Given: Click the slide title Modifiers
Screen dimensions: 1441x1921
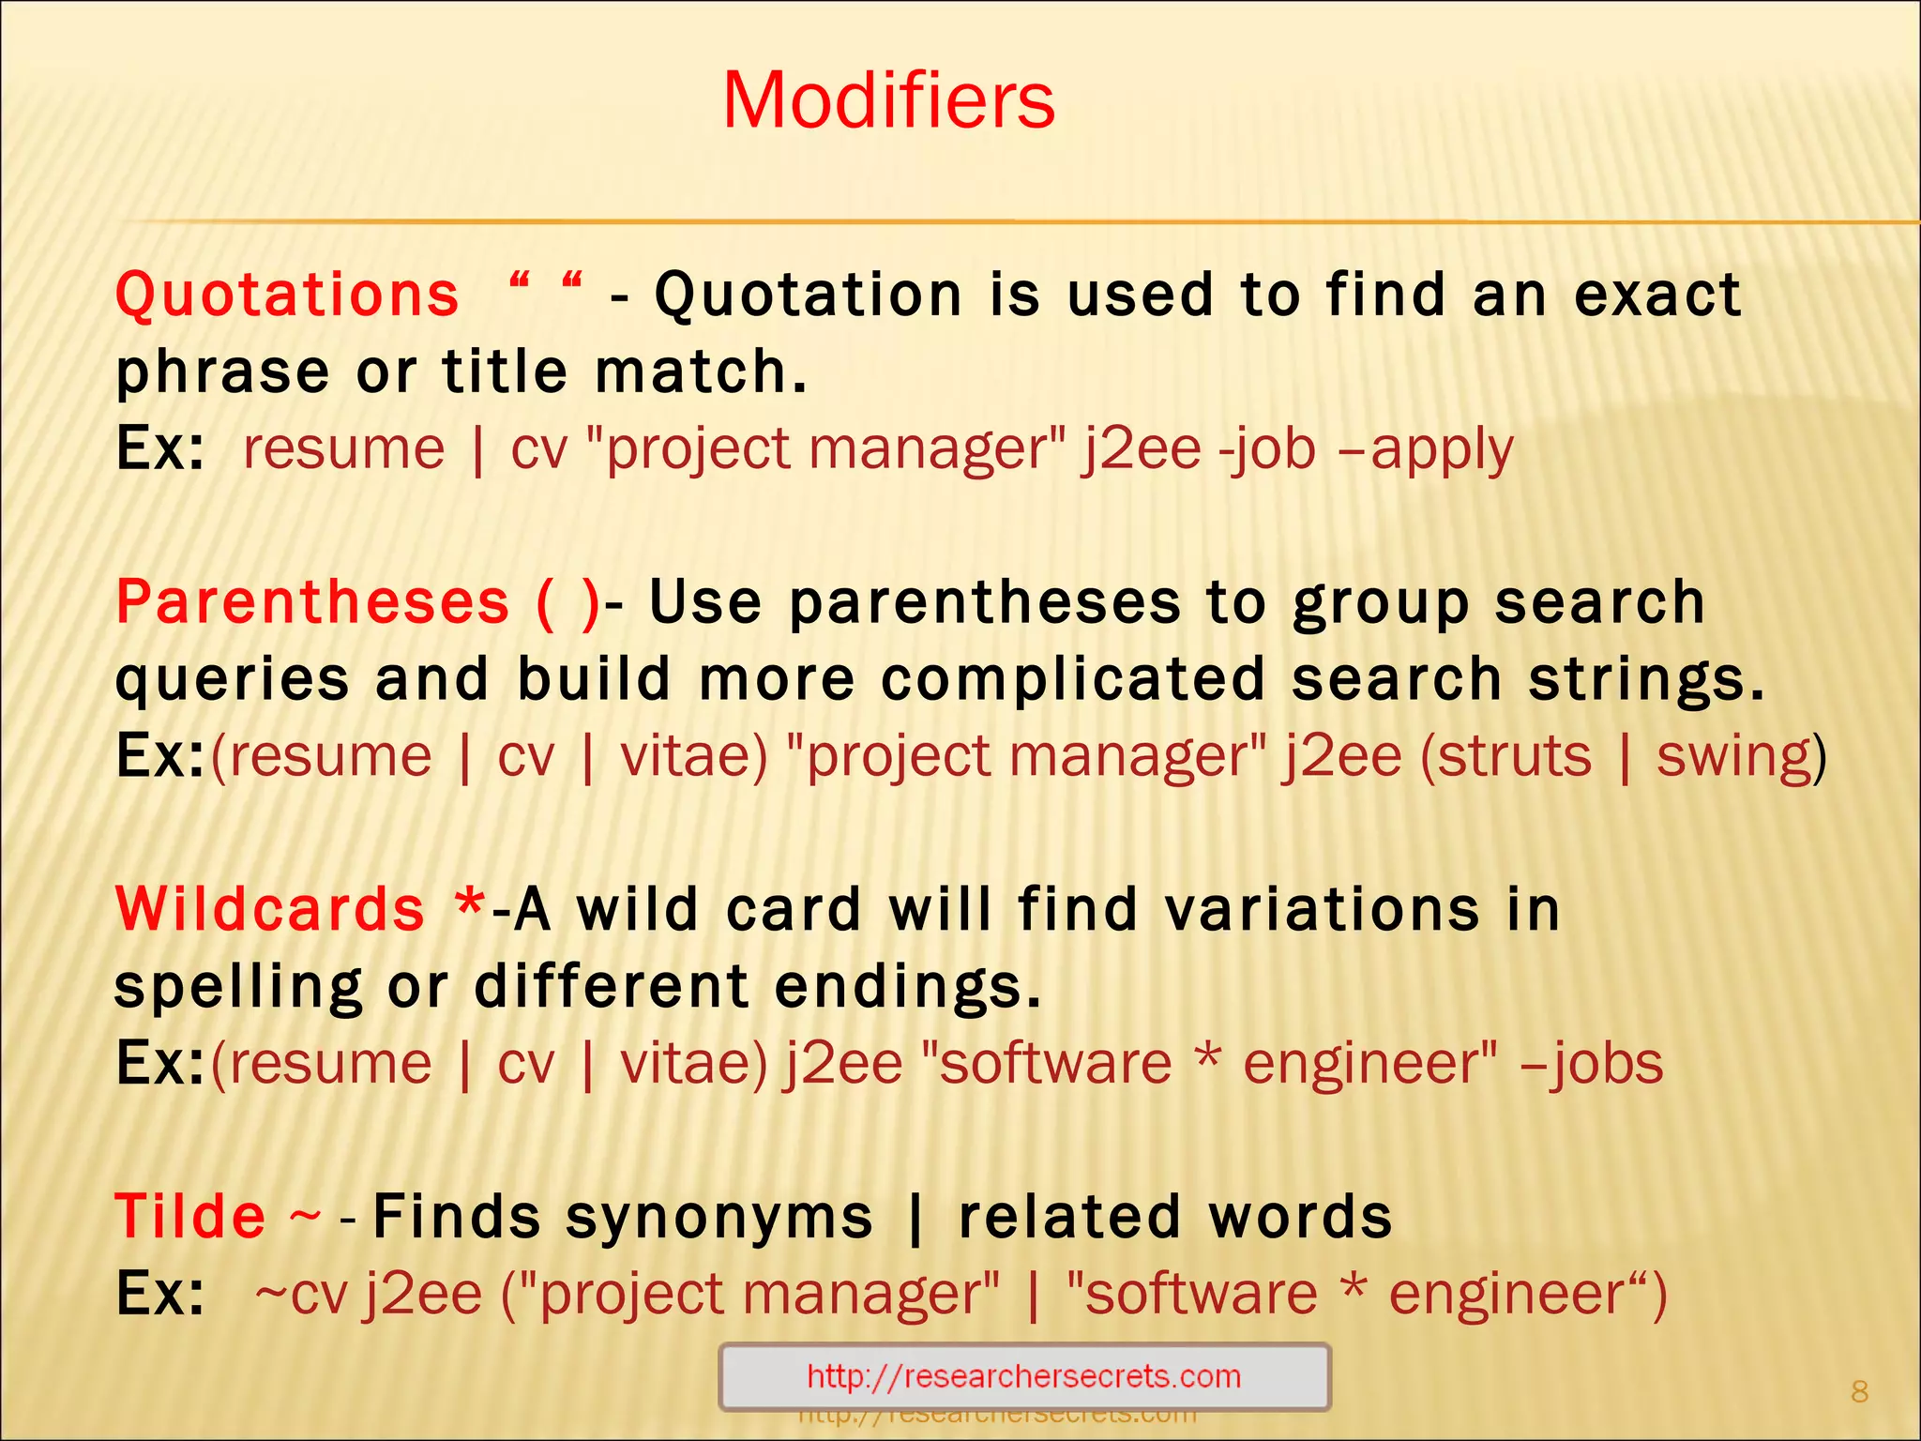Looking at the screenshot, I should (x=888, y=100).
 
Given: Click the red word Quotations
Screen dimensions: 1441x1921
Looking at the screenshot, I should (x=287, y=295).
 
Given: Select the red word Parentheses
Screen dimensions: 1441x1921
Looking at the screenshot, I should (x=312, y=602).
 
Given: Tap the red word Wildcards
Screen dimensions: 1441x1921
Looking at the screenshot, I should (x=270, y=909).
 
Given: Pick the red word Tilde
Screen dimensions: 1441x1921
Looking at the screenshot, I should (x=190, y=1217).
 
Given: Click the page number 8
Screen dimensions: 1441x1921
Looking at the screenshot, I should (x=1859, y=1391).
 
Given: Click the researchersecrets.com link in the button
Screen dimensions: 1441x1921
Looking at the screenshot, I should (x=1023, y=1376).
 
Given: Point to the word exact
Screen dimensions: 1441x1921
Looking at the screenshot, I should (x=1657, y=295).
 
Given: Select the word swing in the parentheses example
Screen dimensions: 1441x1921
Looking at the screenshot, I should (x=1733, y=756).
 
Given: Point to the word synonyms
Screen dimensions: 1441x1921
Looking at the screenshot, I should (x=718, y=1219).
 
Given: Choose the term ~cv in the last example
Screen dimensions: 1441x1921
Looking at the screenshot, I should (x=301, y=1295).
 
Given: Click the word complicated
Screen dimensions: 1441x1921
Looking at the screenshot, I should (x=1073, y=679).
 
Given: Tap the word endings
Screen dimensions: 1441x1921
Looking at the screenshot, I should (x=908, y=988).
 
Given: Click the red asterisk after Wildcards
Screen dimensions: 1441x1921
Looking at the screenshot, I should (x=469, y=905).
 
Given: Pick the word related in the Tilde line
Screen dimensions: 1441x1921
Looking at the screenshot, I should (x=1068, y=1217).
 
